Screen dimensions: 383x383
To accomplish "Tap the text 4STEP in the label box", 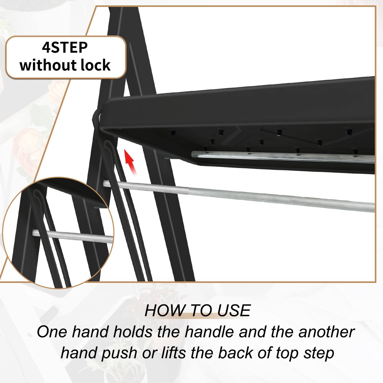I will [x=65, y=47].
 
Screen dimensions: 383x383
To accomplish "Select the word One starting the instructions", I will [x=52, y=332].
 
